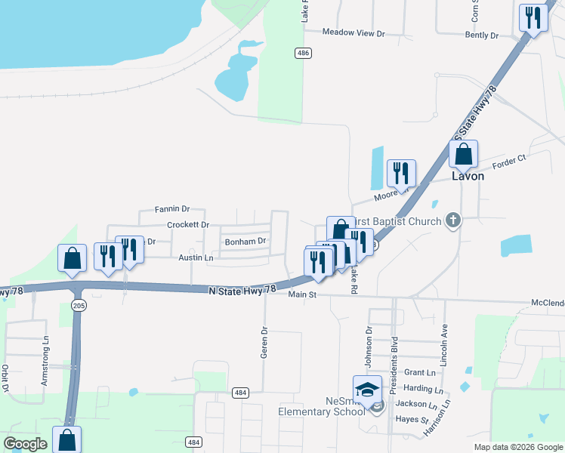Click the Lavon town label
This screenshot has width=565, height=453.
[467, 176]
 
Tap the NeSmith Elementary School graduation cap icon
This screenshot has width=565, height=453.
[368, 390]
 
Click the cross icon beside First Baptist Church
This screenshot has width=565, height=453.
[452, 220]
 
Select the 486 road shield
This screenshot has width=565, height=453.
[303, 52]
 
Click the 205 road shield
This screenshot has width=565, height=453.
[78, 305]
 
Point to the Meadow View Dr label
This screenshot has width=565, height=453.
[354, 33]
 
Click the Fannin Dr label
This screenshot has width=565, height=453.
[171, 209]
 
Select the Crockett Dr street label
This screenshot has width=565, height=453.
[188, 225]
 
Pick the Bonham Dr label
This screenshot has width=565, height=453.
[245, 242]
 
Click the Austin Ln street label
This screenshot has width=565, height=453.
[196, 258]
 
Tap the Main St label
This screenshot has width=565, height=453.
[301, 294]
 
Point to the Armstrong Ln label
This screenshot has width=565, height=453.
[45, 368]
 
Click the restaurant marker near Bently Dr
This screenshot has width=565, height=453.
[533, 17]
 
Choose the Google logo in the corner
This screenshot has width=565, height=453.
[25, 444]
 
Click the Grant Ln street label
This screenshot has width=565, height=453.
[420, 373]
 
